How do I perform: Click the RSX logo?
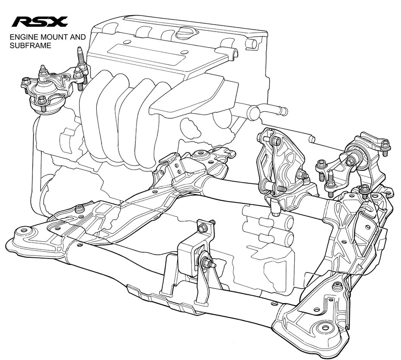(40, 22)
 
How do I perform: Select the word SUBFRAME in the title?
(30, 45)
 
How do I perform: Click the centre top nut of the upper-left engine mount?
(44, 72)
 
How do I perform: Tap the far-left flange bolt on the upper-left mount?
(26, 82)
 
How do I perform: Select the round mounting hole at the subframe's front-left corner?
(24, 230)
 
